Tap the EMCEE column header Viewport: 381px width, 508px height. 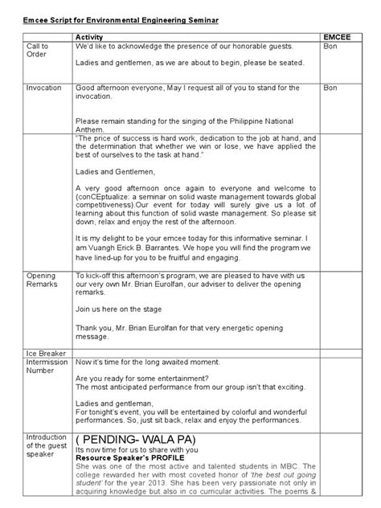pos(336,37)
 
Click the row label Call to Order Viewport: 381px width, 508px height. pos(39,51)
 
